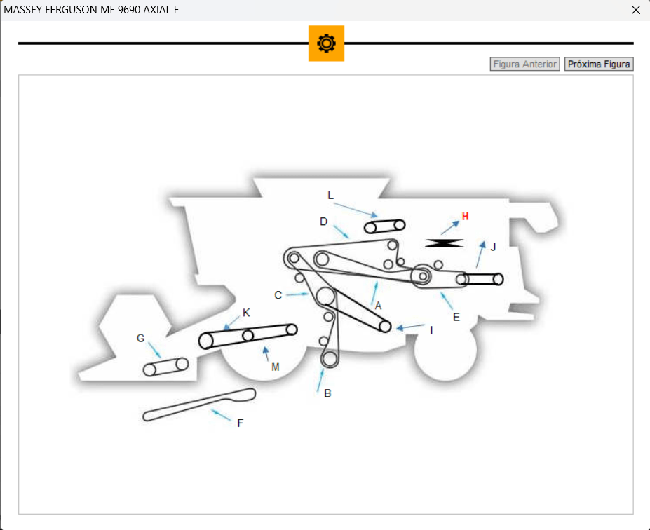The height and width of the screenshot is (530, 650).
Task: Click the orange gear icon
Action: tap(326, 43)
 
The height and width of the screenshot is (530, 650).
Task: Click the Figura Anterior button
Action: tap(525, 64)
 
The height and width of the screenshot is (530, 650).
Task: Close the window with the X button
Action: tap(636, 10)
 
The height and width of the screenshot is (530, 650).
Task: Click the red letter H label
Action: tap(465, 216)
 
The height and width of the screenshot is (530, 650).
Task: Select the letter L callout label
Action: tap(331, 195)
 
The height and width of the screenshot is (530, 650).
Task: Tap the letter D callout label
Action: tap(323, 222)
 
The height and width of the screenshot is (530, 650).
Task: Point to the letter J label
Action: tap(493, 247)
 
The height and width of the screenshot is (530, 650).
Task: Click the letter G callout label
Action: tap(141, 338)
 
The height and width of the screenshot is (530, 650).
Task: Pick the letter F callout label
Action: tap(240, 423)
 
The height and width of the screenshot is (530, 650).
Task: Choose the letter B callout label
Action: tap(327, 393)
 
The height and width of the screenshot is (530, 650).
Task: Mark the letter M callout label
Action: tap(275, 367)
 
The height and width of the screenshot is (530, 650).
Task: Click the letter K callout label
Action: tap(246, 313)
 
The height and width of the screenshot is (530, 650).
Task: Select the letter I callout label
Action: tap(431, 329)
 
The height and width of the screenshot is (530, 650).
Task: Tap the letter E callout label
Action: tap(456, 317)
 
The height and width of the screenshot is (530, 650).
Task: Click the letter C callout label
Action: tap(278, 295)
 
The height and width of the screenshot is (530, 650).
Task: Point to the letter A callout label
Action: tap(378, 306)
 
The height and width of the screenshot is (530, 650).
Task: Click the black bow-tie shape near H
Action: tap(445, 243)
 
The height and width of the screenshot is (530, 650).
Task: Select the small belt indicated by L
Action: tap(385, 226)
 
